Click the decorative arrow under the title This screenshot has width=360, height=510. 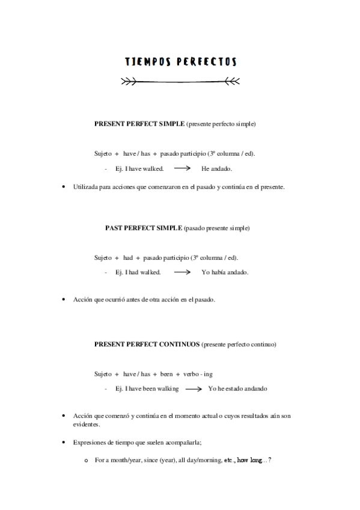click(x=180, y=80)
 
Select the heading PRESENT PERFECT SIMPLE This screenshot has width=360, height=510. click(x=139, y=124)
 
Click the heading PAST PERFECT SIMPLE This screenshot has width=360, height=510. click(x=143, y=229)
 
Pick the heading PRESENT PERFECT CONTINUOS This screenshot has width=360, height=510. click(x=147, y=345)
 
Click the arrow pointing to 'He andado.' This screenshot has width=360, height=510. click(x=182, y=169)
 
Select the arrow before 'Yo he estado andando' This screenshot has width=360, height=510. click(x=193, y=389)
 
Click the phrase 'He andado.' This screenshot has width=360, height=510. click(x=216, y=169)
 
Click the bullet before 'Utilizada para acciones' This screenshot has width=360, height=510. click(x=64, y=187)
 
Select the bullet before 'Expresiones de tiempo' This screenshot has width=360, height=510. click(x=64, y=443)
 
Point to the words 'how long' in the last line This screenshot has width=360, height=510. click(x=249, y=460)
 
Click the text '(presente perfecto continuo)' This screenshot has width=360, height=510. click(x=239, y=345)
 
